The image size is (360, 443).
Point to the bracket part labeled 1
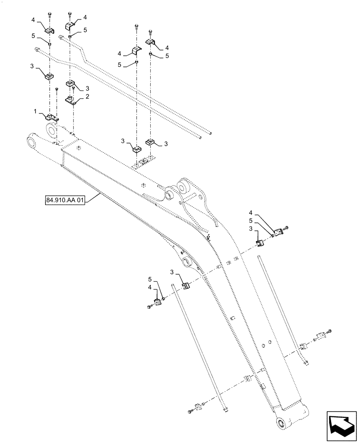click(51, 118)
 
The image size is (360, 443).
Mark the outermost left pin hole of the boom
click(31, 142)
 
